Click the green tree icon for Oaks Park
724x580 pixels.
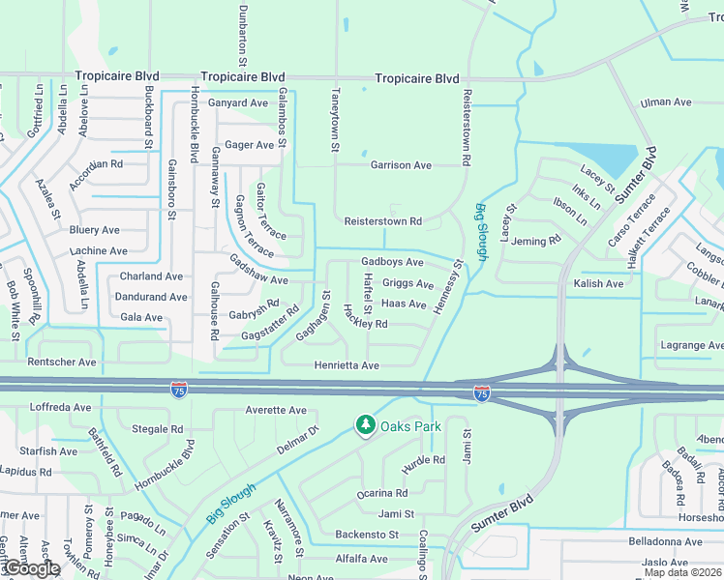[x=365, y=425]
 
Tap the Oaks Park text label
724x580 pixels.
[x=410, y=426]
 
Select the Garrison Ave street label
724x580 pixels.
[x=401, y=165]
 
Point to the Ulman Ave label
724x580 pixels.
[x=666, y=101]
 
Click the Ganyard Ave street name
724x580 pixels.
[x=238, y=103]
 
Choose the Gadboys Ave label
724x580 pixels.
[x=392, y=262]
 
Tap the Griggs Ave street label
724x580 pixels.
[x=407, y=284]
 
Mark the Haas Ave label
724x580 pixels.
[x=404, y=304]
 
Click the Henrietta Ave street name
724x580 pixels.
[x=347, y=365]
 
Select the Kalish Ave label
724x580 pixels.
[x=598, y=284]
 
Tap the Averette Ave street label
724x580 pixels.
[x=276, y=410]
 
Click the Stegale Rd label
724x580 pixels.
[x=157, y=429]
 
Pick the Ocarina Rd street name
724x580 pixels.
[x=382, y=493]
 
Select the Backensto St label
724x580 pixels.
[x=367, y=535]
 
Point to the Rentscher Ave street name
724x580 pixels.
[x=62, y=362]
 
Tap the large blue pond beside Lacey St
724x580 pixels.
[x=600, y=159]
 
